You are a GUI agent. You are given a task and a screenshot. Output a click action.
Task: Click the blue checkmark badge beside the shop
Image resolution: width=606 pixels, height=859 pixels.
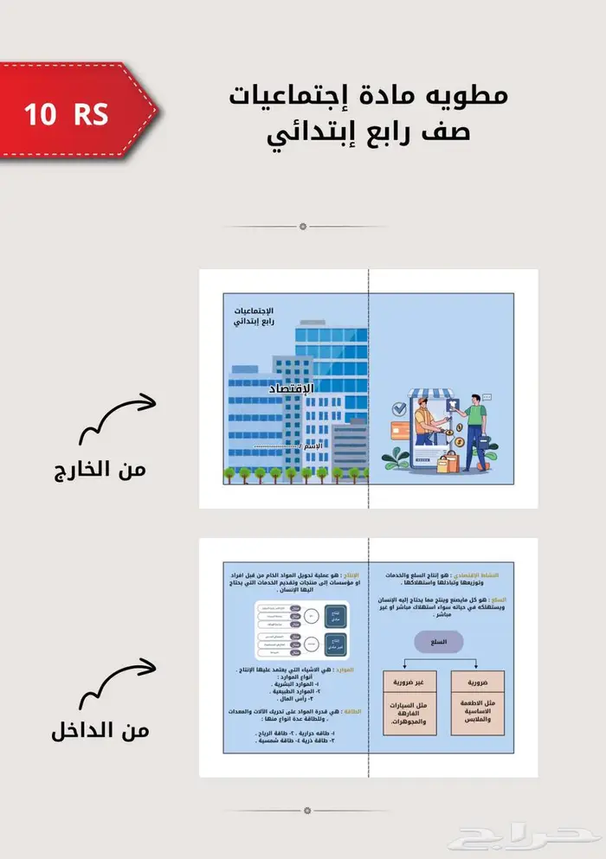coord(399,407)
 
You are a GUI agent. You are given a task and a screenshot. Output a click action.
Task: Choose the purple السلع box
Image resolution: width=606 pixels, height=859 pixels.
coord(438,642)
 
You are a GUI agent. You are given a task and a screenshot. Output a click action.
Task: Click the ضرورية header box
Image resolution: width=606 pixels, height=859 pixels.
coord(475,681)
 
